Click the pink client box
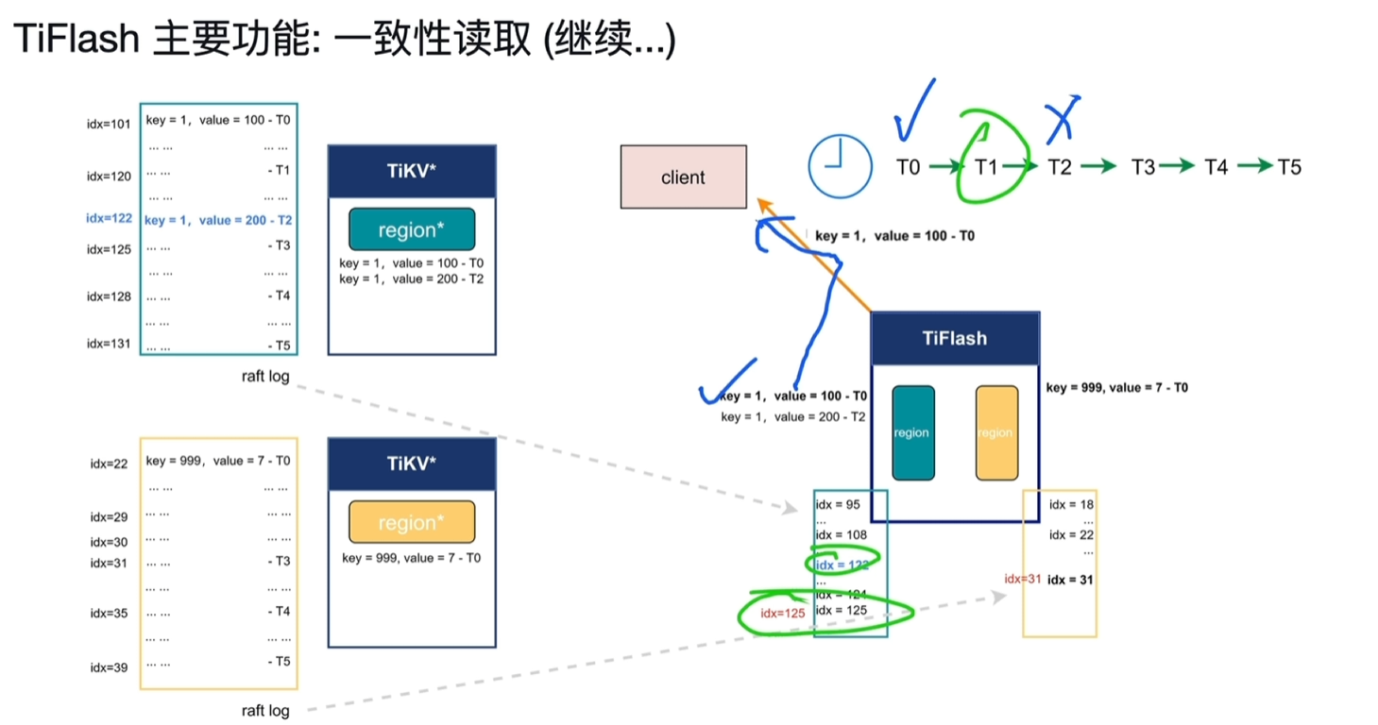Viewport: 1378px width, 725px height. point(683,177)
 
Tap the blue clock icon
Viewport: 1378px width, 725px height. point(840,167)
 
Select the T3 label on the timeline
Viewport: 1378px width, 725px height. point(1143,167)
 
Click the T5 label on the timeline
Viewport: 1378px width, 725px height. point(1289,167)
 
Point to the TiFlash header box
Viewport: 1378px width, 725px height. point(955,338)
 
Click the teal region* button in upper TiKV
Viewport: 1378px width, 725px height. point(412,229)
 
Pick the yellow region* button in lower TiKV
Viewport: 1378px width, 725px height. point(412,522)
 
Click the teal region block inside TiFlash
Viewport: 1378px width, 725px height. point(913,432)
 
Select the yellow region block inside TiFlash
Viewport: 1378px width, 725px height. point(995,432)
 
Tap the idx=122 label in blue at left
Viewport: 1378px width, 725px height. point(110,218)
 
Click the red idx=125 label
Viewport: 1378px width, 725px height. point(783,614)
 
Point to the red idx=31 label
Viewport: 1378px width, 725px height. point(1023,579)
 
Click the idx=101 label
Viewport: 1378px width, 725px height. point(110,124)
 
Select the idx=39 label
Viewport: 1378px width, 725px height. point(110,667)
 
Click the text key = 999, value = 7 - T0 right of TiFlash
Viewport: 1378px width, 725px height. point(1116,388)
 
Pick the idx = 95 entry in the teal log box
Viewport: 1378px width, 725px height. point(839,504)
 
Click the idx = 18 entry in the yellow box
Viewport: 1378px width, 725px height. point(1071,504)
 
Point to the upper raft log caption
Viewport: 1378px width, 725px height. point(265,377)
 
